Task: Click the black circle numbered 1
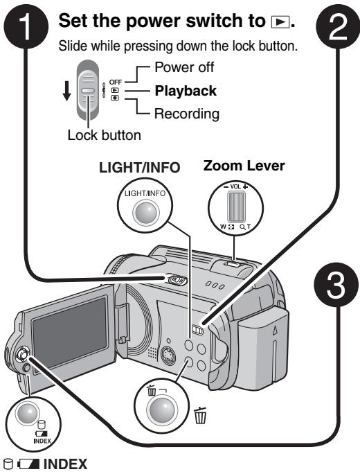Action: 26,26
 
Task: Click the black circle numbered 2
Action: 337,26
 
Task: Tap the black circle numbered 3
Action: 336,285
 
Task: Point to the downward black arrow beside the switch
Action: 66,91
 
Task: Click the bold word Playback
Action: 186,91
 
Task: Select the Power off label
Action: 184,67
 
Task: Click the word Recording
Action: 187,114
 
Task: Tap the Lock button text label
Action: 105,135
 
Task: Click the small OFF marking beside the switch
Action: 116,82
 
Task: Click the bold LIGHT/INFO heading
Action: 140,168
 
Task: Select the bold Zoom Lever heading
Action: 244,166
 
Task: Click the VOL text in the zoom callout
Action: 235,186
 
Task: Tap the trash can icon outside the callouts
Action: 200,415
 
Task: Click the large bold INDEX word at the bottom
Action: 66,464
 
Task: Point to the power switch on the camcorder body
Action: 177,280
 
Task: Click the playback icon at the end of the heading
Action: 280,22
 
